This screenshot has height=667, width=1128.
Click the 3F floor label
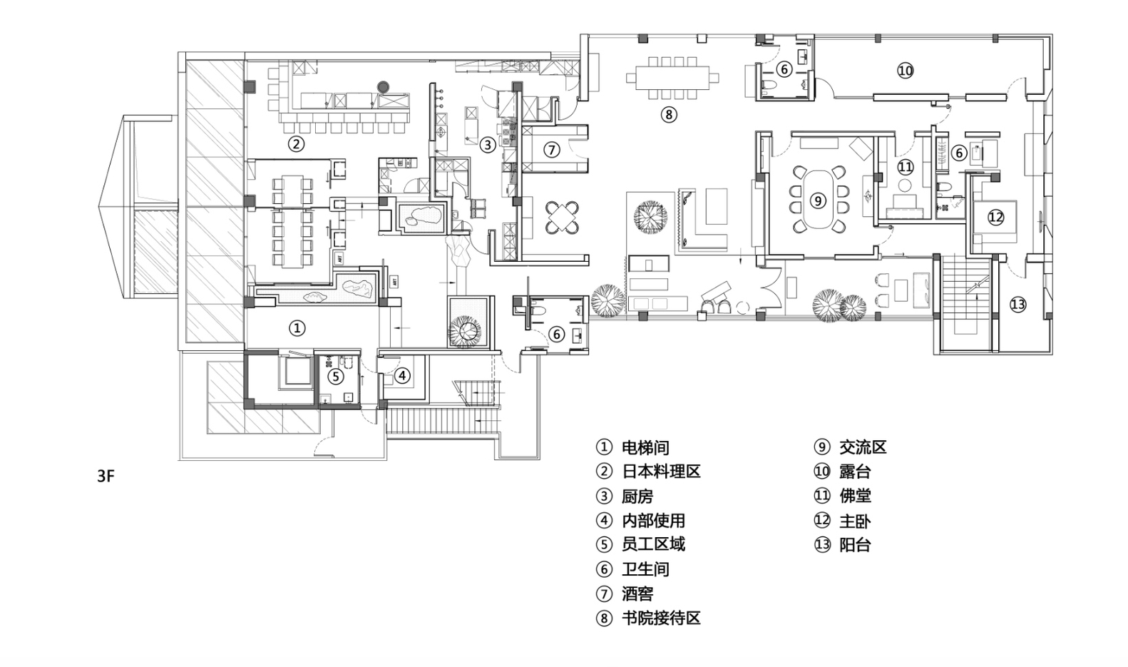click(106, 477)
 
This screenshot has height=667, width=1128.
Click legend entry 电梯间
click(645, 447)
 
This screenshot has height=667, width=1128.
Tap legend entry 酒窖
click(637, 594)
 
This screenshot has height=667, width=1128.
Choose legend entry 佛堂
click(854, 496)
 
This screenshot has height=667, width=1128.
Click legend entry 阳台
click(854, 545)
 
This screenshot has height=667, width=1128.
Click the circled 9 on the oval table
click(818, 200)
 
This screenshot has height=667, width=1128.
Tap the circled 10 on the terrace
click(905, 70)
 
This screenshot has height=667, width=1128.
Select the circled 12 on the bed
click(995, 217)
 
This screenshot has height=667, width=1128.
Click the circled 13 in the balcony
click(1017, 305)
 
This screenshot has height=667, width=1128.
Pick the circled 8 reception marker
click(667, 114)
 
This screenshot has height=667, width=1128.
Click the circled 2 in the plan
click(296, 144)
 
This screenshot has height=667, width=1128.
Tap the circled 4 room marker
click(402, 375)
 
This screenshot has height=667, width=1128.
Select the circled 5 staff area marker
click(335, 376)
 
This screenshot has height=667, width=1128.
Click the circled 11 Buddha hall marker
click(905, 168)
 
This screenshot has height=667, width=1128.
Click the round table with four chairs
click(563, 218)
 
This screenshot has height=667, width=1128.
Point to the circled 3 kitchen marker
click(487, 145)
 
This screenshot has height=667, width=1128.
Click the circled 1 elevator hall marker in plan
click(297, 328)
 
